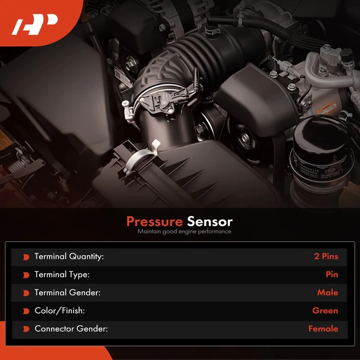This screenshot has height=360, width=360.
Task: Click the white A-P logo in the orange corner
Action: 34,25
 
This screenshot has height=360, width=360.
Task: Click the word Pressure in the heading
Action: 155,222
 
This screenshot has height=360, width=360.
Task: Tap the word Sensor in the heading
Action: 209,222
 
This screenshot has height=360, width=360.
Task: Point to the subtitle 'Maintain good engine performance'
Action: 184,232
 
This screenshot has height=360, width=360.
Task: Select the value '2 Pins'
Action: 326,256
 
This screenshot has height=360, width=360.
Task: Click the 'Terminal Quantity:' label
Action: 69,256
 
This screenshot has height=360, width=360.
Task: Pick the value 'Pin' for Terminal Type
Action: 332,274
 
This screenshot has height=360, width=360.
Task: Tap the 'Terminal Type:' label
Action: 62,275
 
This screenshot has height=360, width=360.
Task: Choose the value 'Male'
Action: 328,293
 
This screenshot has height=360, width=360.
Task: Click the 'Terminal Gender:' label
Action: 67,293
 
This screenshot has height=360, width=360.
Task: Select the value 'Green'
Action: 325,311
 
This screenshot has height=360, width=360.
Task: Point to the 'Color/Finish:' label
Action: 59,311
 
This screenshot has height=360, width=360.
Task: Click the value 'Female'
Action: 323,329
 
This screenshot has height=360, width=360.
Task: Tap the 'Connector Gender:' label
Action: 71,329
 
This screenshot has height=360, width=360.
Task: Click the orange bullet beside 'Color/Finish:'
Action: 26,311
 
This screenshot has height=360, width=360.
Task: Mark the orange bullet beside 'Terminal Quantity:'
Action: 26,257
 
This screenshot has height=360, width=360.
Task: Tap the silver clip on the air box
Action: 142,157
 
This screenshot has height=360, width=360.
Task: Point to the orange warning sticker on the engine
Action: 327,108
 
